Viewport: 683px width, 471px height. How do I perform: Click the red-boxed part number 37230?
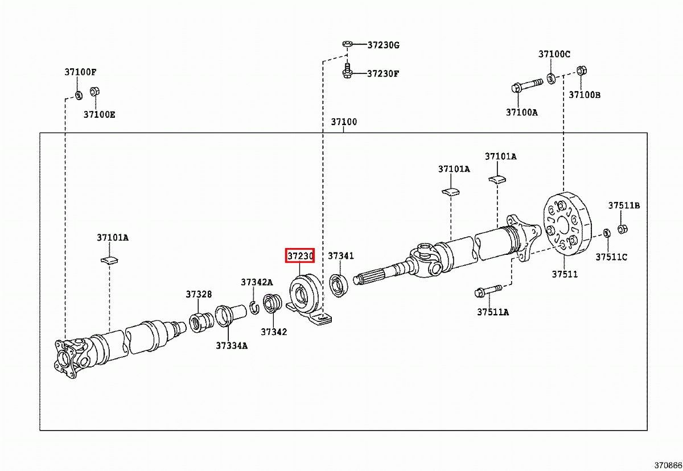coord(299,256)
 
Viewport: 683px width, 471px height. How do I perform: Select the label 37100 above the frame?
coord(344,122)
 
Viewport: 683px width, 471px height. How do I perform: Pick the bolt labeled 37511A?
coord(488,292)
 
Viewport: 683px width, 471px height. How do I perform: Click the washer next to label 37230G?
coord(347,44)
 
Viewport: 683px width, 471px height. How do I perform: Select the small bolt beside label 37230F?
coord(346,71)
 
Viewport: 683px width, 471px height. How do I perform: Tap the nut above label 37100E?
coord(96,92)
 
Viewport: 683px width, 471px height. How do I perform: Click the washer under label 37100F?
coord(78,94)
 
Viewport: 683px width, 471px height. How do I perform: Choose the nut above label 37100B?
coord(582,71)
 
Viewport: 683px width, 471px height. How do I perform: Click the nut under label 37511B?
coord(622,229)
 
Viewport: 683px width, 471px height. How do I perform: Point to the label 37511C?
coord(611,257)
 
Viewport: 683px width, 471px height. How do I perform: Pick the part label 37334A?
coord(231,345)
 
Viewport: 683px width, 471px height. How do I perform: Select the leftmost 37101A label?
coord(112,237)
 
